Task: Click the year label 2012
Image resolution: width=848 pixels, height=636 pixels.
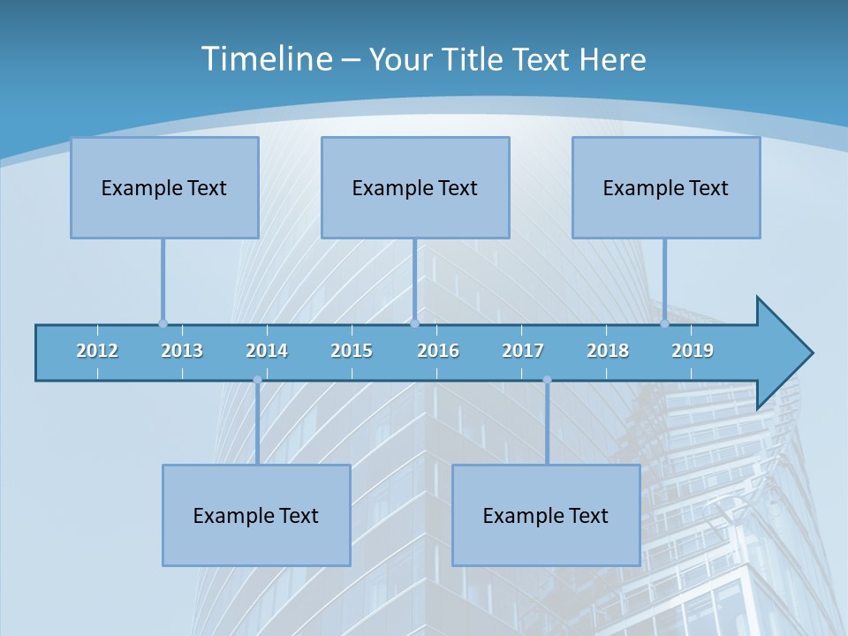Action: pos(97,351)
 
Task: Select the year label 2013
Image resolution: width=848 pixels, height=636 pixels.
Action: pos(182,351)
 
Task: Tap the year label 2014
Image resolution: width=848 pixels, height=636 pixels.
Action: pos(267,351)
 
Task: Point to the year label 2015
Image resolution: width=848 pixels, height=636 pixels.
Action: pos(352,351)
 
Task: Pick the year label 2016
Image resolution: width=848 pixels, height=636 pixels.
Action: pos(438,351)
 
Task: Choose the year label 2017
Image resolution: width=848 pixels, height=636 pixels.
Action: pos(523,351)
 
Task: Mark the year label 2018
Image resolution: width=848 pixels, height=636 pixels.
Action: pos(608,351)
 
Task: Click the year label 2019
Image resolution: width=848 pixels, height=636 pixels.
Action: pos(693,351)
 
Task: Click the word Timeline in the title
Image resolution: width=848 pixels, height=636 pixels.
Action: pos(266,58)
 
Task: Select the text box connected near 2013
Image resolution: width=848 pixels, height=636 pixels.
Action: pos(164,187)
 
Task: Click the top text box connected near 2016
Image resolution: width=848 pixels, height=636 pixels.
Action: pos(415,187)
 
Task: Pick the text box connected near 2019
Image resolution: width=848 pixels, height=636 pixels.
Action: pos(666,187)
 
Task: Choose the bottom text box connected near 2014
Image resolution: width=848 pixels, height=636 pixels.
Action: pos(256,515)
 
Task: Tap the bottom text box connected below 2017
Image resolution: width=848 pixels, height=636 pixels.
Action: pos(546,515)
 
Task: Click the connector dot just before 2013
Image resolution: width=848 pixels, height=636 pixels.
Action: pos(163,323)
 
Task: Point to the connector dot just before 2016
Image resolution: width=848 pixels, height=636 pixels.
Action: pos(414,323)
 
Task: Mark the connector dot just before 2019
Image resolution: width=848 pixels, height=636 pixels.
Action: pos(664,323)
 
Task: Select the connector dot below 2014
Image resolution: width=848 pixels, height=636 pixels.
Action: pos(257,380)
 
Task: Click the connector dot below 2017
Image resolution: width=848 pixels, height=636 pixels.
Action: pos(547,380)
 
